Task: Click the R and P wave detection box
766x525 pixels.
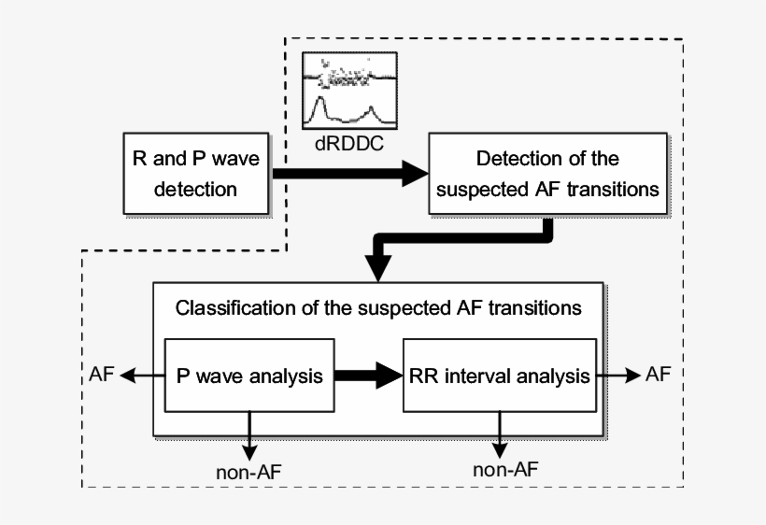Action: (195, 173)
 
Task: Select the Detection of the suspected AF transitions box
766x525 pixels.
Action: (547, 173)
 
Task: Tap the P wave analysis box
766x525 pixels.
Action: (249, 376)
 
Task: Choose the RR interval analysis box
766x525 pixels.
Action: (500, 376)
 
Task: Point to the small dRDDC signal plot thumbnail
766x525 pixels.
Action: (350, 90)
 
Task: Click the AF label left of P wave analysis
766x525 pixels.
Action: (103, 375)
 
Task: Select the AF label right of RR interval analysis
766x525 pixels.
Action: (659, 374)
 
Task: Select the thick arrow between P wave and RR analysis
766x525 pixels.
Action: (368, 376)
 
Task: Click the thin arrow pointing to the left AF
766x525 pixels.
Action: (142, 376)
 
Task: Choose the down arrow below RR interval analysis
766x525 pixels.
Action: (501, 432)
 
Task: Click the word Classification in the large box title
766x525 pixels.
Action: (224, 306)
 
